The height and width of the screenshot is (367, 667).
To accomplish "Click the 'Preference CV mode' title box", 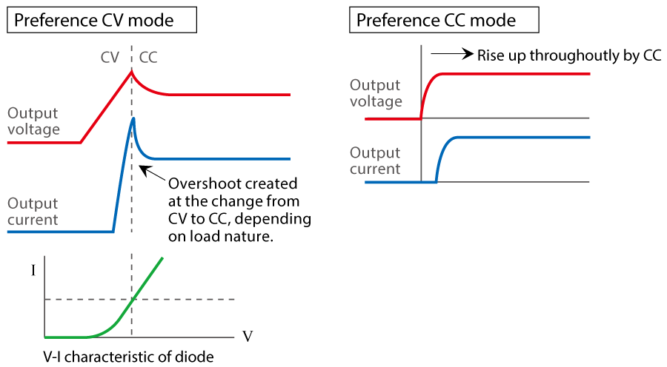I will tap(102, 20).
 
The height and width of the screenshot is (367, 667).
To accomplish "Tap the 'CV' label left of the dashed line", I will tap(110, 57).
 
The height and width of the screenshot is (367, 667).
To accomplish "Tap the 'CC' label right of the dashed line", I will tap(148, 57).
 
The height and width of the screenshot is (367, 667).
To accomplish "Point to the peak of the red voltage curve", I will tap(132, 71).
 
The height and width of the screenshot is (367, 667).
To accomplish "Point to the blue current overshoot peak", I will tap(133, 118).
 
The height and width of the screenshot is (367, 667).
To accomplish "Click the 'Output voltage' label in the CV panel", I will tap(33, 122).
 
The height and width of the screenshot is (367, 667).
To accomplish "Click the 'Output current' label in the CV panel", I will tap(33, 211).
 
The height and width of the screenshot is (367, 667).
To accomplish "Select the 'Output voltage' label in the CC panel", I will tap(376, 93).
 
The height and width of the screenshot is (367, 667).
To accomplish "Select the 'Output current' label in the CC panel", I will tap(376, 161).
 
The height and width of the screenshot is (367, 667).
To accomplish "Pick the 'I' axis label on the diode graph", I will tap(33, 270).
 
